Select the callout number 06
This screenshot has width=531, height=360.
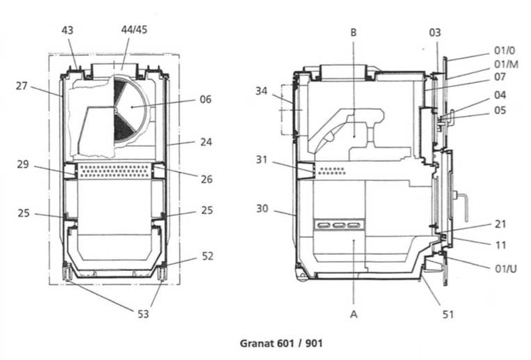point(205,99)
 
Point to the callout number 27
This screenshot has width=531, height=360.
point(22,86)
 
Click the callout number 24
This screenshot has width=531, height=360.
point(205,141)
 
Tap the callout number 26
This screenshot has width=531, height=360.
point(206,179)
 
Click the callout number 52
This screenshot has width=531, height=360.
point(207,256)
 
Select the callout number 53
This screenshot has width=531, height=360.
point(142,314)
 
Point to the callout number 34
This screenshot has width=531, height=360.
point(261,91)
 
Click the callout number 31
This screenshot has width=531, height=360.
point(261,159)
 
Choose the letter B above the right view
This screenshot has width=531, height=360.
point(353,32)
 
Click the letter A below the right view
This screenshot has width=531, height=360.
point(354,315)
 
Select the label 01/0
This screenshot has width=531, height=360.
point(505,50)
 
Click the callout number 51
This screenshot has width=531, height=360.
point(448,315)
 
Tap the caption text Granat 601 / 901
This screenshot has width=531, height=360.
point(281,343)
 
